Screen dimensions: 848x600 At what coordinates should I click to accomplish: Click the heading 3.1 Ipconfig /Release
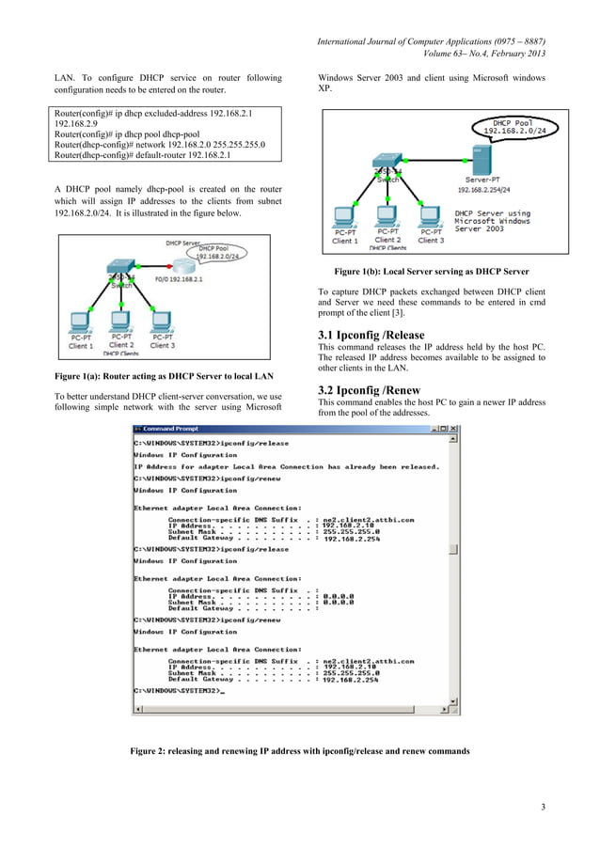(x=371, y=335)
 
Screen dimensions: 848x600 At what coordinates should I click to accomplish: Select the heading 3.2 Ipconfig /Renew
(x=369, y=390)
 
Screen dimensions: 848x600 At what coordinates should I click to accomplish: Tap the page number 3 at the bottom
(x=544, y=809)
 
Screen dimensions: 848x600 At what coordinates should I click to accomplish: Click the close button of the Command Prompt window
(x=455, y=429)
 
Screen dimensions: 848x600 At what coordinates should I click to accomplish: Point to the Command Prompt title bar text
(x=165, y=429)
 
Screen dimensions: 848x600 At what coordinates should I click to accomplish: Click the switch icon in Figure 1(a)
(x=120, y=271)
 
